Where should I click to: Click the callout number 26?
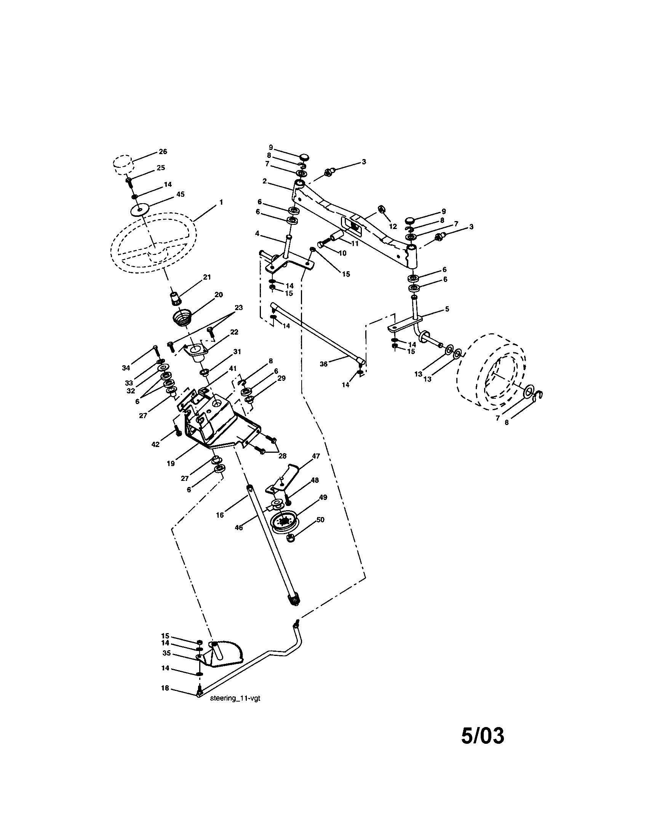(163, 151)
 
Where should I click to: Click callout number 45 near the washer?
(180, 194)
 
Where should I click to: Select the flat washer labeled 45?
(140, 210)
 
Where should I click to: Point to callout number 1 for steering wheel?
(221, 202)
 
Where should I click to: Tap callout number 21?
(207, 277)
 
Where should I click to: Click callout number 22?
(234, 332)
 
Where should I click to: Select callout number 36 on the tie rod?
(324, 364)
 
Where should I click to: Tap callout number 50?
(320, 520)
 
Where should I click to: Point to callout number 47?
(315, 456)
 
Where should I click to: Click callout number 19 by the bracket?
(171, 463)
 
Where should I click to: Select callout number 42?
(155, 444)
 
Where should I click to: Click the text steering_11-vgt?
(235, 699)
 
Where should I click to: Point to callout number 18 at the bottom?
(165, 688)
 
